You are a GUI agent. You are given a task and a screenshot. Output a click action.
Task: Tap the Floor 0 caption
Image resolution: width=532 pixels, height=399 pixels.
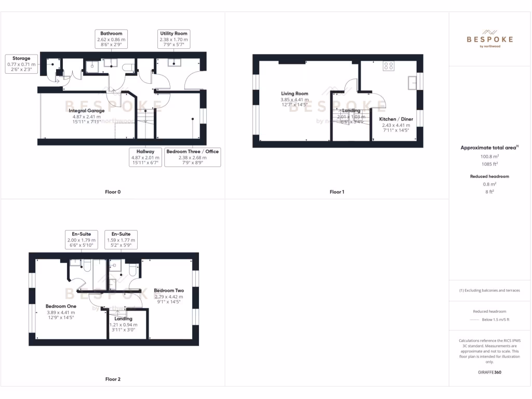113,192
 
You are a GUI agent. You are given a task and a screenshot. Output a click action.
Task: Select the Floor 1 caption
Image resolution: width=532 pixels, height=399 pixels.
337,192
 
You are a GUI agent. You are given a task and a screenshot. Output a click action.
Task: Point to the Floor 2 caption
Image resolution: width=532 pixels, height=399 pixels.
113,379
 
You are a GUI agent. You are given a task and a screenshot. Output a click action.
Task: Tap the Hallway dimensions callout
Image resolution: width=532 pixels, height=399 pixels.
145,157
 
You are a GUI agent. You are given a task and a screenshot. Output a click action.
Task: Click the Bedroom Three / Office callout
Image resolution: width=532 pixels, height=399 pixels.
193,157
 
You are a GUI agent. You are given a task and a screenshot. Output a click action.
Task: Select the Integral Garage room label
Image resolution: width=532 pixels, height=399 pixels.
86,111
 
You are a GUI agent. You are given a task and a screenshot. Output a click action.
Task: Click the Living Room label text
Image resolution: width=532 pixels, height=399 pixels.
295,94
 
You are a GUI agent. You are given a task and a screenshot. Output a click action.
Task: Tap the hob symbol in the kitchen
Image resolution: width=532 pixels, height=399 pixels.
388,65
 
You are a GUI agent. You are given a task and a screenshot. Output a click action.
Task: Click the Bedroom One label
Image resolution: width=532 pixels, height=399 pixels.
61,307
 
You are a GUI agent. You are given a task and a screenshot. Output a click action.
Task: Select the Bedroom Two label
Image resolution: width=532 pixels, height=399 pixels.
169,291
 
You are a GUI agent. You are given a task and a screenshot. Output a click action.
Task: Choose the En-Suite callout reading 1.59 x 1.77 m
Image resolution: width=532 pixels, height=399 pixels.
121,240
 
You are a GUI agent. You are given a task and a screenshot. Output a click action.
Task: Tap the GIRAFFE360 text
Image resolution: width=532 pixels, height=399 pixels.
490,373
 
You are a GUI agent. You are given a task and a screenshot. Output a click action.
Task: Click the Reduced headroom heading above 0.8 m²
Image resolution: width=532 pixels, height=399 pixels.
490,177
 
